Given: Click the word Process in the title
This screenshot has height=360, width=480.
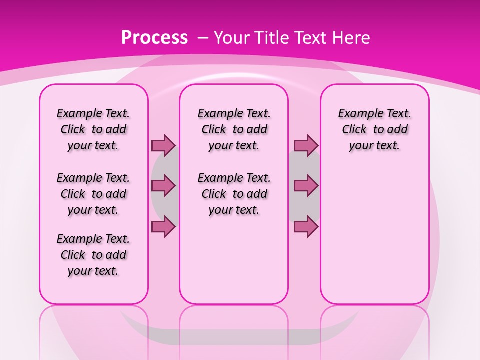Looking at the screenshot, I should (154, 38).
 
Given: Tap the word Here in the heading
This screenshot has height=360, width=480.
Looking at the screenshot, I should (351, 38).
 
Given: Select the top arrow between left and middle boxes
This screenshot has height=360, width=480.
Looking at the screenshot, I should (163, 145).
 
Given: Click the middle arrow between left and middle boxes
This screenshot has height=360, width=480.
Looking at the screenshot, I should (163, 186).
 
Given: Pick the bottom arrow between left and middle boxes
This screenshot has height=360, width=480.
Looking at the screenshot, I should (163, 226).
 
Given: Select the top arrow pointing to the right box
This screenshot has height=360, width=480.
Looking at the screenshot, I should (306, 145).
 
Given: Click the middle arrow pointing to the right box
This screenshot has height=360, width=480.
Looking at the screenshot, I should (306, 186).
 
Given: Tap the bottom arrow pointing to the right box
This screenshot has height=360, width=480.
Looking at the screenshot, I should (306, 226).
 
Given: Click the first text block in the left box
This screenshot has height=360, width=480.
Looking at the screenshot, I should (93, 129).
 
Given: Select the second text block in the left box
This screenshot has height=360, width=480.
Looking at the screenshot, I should (93, 194).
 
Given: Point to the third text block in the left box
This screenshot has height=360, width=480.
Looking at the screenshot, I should (93, 255).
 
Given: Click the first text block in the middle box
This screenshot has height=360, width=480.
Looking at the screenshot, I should (234, 129).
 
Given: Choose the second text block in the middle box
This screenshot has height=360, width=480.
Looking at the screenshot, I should (234, 194).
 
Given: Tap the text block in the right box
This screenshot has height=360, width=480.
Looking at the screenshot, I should (374, 129).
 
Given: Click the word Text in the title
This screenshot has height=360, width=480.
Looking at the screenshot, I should (310, 38).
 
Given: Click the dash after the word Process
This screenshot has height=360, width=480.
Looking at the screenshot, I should (203, 38).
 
